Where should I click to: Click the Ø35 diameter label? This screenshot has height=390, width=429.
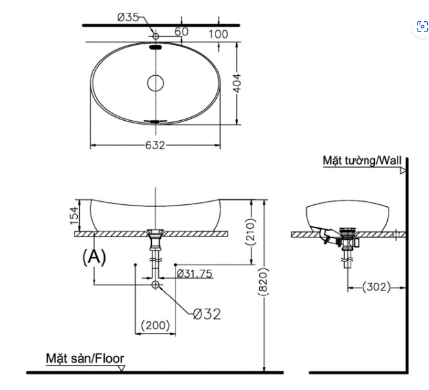tap(129, 17)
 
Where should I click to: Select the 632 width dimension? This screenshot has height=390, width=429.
tap(156, 145)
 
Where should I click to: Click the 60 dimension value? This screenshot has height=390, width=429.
tap(181, 31)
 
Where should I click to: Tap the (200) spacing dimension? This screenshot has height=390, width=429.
tap(155, 326)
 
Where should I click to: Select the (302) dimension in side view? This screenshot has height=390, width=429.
tap(376, 287)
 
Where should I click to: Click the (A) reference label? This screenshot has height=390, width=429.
tap(94, 256)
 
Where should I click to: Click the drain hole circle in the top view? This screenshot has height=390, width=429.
tap(156, 83)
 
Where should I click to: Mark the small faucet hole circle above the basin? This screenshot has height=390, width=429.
tap(156, 35)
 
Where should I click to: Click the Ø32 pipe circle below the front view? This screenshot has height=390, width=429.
tap(156, 284)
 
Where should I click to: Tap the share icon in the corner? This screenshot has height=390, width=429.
tap(422, 26)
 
